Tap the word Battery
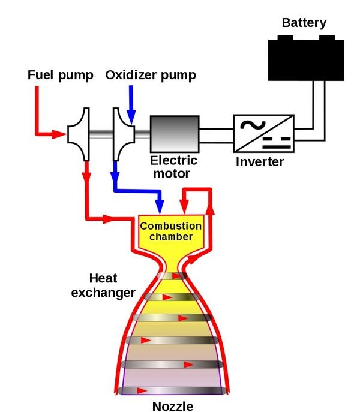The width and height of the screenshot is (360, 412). (x=304, y=23)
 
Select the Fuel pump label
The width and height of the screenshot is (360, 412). (x=61, y=76)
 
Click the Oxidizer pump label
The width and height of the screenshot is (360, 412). (x=151, y=76)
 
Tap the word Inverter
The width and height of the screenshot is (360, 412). (x=260, y=162)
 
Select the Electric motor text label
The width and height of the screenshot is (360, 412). (x=170, y=167)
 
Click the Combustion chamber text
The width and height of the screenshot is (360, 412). (x=170, y=231)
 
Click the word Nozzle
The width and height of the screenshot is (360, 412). (x=173, y=406)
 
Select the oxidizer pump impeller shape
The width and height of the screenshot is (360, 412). (x=123, y=134)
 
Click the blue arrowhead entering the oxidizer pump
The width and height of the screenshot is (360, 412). (x=131, y=114)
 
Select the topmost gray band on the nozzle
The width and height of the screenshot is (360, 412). (x=173, y=276)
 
